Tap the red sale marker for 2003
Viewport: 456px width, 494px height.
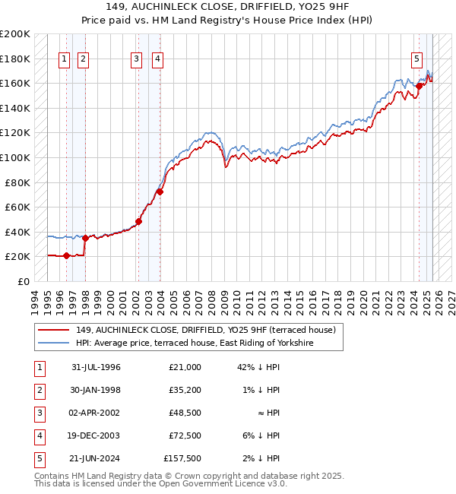click(160, 192)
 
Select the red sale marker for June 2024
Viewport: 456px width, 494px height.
click(419, 86)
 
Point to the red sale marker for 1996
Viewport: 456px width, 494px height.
click(66, 255)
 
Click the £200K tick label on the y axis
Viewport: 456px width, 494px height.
click(15, 34)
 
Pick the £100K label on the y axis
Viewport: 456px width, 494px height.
click(15, 157)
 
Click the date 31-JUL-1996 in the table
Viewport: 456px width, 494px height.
click(96, 367)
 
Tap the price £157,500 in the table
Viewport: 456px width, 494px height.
click(182, 458)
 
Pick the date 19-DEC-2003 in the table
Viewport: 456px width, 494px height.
click(96, 435)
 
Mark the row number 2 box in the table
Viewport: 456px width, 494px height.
click(39, 390)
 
